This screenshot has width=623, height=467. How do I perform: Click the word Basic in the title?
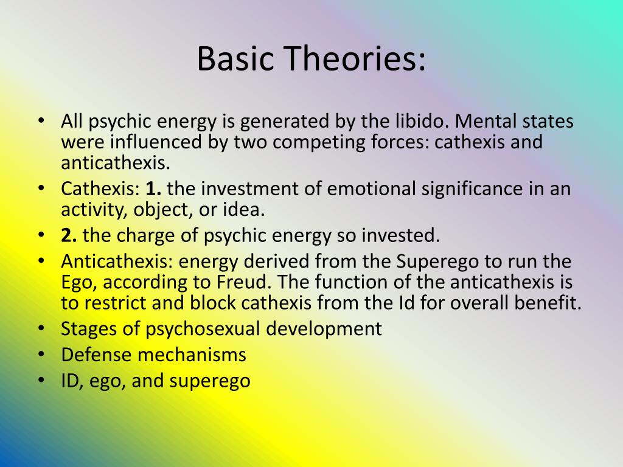pos(235,58)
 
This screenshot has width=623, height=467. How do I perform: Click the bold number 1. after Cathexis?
pos(153,189)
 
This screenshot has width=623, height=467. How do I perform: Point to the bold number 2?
pos(69,235)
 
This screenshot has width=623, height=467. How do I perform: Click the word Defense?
pos(96,355)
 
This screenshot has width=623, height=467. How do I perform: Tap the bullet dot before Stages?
pos(41,329)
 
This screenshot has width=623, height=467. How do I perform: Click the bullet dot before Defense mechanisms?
pos(41,355)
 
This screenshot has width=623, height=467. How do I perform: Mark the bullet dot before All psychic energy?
pos(41,121)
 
